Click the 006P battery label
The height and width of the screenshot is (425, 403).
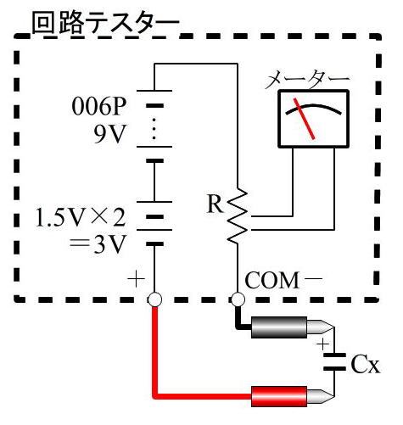coord(99,108)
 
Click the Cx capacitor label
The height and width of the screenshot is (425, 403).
coord(366,366)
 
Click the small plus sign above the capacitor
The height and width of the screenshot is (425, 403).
coord(322,344)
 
